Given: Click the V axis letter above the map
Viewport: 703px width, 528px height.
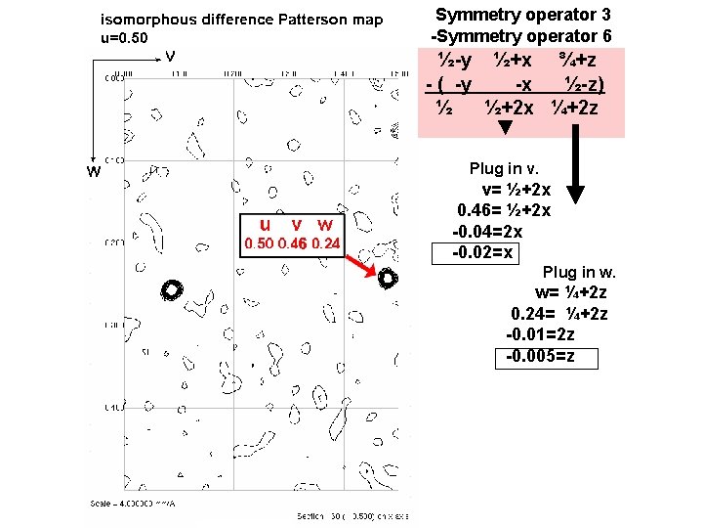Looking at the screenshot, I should click(170, 57).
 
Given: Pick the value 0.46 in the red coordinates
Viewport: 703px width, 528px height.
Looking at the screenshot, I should click(292, 243).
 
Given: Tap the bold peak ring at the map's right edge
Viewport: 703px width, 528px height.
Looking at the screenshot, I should click(387, 280).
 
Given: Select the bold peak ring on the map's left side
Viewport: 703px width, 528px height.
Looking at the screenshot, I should click(173, 289).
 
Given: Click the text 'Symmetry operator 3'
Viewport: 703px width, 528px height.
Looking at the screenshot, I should click(529, 15).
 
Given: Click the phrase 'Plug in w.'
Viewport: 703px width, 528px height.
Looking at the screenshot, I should click(580, 272).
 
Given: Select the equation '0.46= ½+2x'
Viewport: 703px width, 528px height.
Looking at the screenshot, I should click(504, 210).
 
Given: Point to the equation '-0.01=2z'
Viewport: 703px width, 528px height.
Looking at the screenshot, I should click(543, 334).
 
